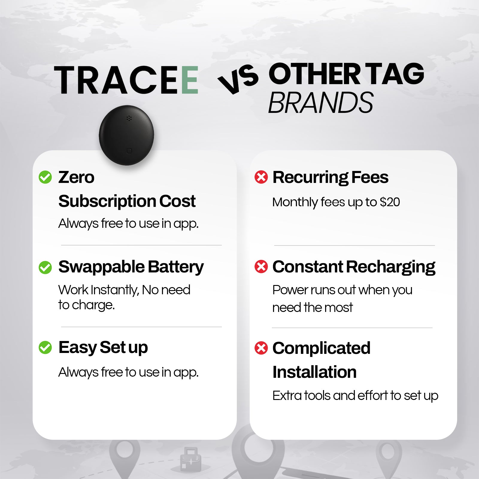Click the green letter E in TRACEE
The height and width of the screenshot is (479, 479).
[190, 80]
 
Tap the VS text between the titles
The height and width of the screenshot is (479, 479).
[238, 79]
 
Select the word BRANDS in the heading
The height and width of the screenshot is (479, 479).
[321, 103]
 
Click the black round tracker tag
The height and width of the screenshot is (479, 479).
[126, 135]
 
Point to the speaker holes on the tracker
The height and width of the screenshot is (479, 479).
[129, 118]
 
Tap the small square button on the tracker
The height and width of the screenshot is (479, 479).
[129, 151]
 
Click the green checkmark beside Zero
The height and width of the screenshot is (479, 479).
[45, 177]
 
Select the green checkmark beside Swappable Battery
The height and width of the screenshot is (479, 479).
[45, 267]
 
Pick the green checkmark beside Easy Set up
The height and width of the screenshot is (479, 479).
[45, 348]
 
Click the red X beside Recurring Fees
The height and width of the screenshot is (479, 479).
[261, 177]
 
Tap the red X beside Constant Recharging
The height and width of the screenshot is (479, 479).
[261, 266]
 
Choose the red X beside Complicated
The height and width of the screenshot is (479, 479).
[261, 348]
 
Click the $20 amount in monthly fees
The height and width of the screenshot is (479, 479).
[389, 202]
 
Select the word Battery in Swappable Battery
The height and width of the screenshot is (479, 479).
[176, 267]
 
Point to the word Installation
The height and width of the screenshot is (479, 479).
[314, 372]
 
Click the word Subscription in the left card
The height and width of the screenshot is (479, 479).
[107, 201]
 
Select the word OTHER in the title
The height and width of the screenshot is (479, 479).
[314, 74]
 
